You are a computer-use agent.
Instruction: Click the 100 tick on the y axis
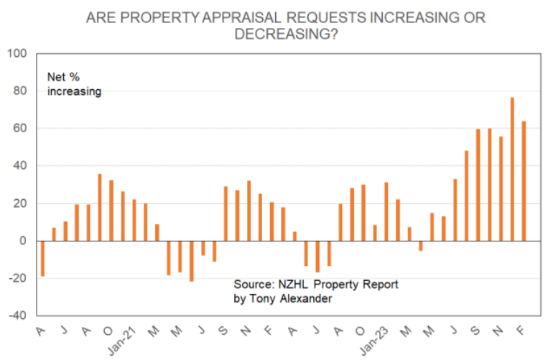[x=17, y=54]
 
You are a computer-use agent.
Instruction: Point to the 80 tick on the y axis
[x=19, y=91]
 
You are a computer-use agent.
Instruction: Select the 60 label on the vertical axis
[x=19, y=129]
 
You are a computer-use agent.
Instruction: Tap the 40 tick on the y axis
[x=19, y=166]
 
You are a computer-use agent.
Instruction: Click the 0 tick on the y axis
[x=22, y=241]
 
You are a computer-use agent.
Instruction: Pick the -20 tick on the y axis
[x=17, y=278]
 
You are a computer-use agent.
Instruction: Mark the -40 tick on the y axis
[x=17, y=315]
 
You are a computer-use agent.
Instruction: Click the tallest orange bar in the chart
[x=512, y=169]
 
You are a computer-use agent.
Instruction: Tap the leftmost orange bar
[x=42, y=258]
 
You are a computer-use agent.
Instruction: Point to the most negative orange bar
[x=191, y=260]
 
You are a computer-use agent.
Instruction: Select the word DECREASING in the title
[x=280, y=34]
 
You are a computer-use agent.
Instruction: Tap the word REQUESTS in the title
[x=321, y=17]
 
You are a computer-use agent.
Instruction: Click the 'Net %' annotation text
[x=63, y=77]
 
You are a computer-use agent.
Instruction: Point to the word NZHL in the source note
[x=292, y=285]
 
